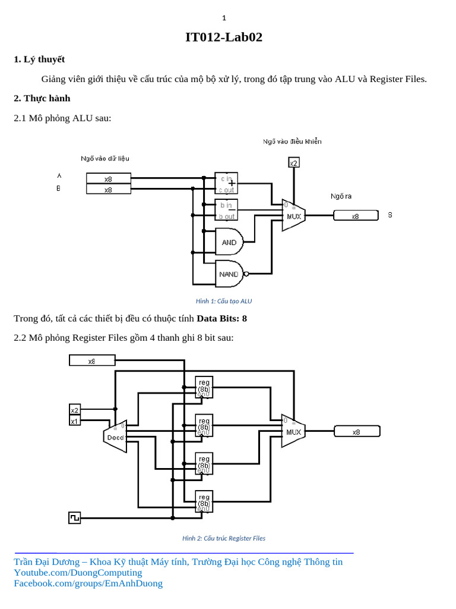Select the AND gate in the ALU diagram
[229, 242]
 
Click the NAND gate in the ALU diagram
[230, 274]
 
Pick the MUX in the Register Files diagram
[293, 431]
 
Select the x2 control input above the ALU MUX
[293, 163]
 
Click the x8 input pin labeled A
[108, 178]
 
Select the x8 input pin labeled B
[108, 190]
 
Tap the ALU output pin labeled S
[355, 216]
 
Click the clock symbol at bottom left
[75, 517]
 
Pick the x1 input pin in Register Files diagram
[75, 421]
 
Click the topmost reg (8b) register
[204, 387]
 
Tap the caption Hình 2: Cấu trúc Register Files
[223, 538]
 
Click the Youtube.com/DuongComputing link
[78, 572]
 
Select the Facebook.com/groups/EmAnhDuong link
[88, 583]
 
